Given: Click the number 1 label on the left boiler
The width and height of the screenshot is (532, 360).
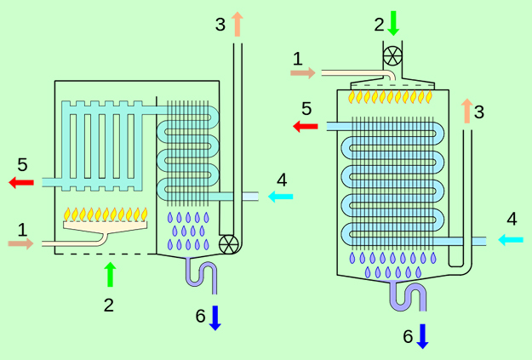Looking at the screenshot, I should [x=23, y=228].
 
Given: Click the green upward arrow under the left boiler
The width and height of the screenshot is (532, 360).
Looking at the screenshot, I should [x=109, y=274].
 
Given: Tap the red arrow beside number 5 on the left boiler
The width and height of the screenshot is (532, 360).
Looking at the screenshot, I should [x=21, y=182].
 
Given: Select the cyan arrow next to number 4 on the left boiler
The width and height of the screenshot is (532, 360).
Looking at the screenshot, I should [x=280, y=197].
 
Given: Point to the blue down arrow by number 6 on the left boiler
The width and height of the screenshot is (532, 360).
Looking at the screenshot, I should [x=215, y=317].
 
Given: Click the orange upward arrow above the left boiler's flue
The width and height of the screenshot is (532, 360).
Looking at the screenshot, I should [x=237, y=23].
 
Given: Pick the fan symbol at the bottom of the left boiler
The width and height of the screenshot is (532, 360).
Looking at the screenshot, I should [x=228, y=244].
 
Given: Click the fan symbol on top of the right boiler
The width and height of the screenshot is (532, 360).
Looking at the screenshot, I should [x=392, y=56].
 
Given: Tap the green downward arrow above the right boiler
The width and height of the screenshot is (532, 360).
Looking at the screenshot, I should [x=393, y=22].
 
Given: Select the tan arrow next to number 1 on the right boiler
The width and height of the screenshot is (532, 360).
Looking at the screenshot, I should [x=302, y=74].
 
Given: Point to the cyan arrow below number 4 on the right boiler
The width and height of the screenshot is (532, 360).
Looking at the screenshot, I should [x=510, y=240].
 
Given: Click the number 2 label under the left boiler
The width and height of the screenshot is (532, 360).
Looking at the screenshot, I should [x=108, y=305].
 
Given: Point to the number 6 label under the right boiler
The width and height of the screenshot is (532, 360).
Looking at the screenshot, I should [x=408, y=337].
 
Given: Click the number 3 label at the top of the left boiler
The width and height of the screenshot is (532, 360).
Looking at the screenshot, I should [x=220, y=24].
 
